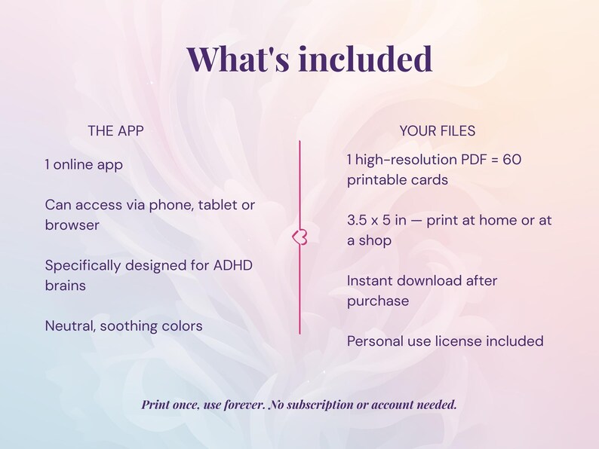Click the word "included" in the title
point(365,58)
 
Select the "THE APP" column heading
point(115,130)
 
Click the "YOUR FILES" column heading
point(438,130)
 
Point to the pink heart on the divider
point(299,237)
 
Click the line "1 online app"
point(83,164)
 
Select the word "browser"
point(72,225)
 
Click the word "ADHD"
point(234,265)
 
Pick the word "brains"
point(65,286)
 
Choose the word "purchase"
point(377,301)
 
